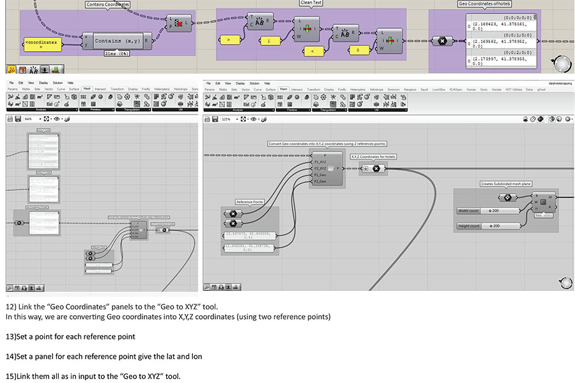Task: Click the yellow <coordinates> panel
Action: [x=42, y=44]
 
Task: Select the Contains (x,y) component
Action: [x=116, y=41]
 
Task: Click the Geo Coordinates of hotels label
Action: [x=484, y=4]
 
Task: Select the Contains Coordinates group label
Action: [x=107, y=4]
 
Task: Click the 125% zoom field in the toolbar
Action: [x=226, y=119]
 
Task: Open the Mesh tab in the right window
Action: [x=284, y=89]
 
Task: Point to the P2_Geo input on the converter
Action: [x=320, y=182]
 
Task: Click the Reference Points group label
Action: [x=250, y=202]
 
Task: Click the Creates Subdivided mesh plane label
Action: [x=505, y=184]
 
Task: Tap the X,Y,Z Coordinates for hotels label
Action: [x=372, y=157]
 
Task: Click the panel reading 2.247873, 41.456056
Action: [x=250, y=236]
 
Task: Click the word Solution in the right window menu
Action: [x=255, y=83]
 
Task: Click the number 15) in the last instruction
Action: [x=11, y=376]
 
